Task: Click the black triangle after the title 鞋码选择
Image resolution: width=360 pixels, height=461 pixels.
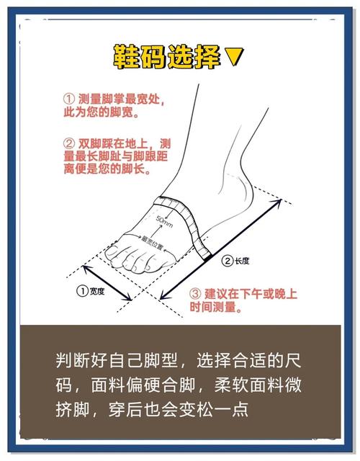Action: [x=235, y=56]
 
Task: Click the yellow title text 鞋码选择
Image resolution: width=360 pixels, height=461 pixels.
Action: [x=167, y=56]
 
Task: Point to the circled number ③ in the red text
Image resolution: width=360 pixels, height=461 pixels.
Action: [x=195, y=295]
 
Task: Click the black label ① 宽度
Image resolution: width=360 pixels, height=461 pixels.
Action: [x=91, y=291]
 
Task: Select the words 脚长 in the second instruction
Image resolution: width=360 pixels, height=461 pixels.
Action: [x=135, y=171]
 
